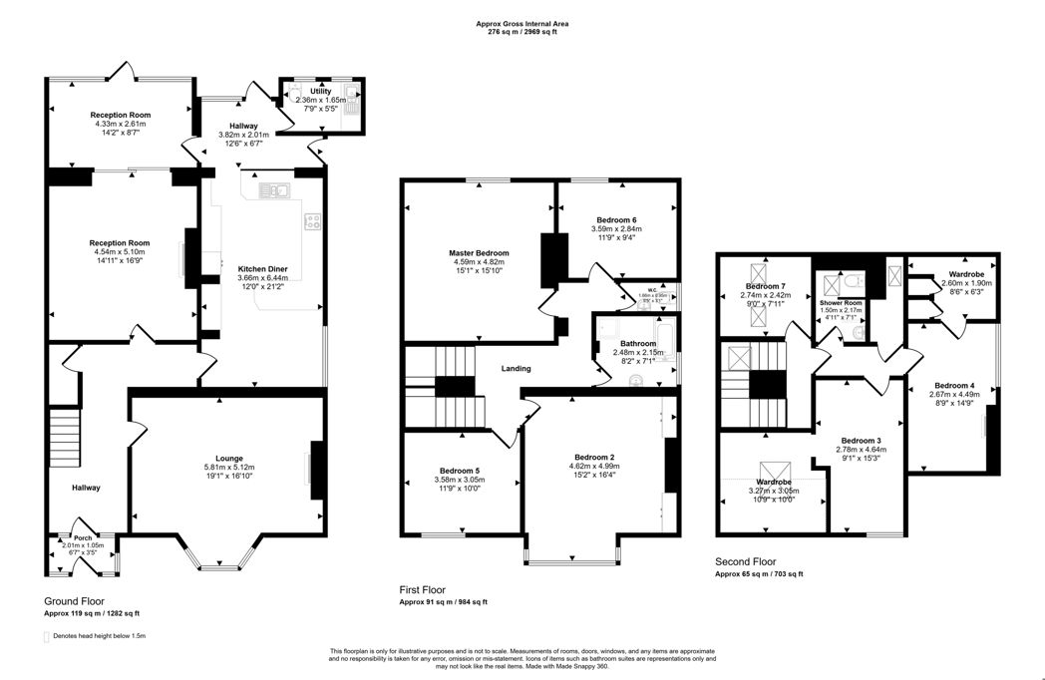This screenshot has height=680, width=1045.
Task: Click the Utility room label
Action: pos(320,91)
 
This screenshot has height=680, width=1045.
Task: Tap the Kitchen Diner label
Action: pos(262,268)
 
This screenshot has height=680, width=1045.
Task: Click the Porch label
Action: pos(83,537)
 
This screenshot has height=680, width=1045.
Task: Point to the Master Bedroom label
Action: pos(478,253)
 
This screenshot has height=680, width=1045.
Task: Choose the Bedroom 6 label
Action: pos(616,219)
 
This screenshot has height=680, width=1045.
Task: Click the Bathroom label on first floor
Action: pos(633,343)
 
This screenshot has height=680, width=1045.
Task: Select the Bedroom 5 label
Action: pos(460,471)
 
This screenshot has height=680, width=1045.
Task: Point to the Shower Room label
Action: pos(840,302)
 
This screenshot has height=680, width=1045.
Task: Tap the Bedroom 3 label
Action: pos(861,440)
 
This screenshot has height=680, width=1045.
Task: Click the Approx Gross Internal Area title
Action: pos(522,23)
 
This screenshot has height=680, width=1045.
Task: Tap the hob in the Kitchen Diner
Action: pos(313,222)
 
